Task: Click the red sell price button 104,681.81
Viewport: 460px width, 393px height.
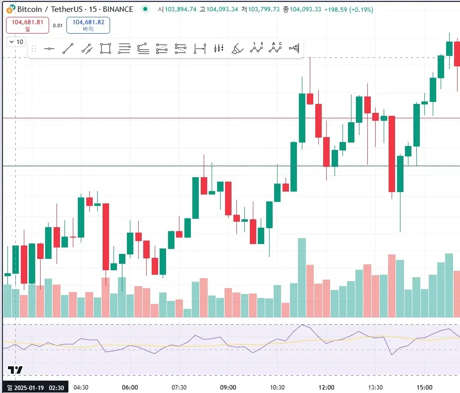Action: point(27,25)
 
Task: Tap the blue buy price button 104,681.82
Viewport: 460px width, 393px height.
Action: point(88,25)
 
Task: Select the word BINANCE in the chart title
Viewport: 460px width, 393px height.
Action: point(117,9)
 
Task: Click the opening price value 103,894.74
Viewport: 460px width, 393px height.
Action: point(180,9)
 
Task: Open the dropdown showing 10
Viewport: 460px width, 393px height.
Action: point(16,42)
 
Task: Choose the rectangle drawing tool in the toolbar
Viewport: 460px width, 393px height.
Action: point(105,49)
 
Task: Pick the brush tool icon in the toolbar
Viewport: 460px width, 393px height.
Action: point(237,49)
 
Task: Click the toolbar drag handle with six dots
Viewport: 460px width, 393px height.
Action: point(34,49)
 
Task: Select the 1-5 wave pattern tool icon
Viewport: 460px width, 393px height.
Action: point(256,48)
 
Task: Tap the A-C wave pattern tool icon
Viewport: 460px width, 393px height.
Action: point(275,48)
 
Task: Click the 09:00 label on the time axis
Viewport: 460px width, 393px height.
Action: point(228,387)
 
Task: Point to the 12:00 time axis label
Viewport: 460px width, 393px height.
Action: point(326,387)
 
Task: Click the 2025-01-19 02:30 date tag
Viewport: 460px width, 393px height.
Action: point(35,387)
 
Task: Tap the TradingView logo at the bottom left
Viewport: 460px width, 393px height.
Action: point(15,370)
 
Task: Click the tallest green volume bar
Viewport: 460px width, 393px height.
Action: point(301,277)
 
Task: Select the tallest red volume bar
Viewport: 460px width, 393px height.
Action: point(392,286)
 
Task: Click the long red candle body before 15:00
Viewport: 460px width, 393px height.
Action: point(392,153)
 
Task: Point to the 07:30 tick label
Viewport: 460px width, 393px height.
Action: point(179,387)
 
